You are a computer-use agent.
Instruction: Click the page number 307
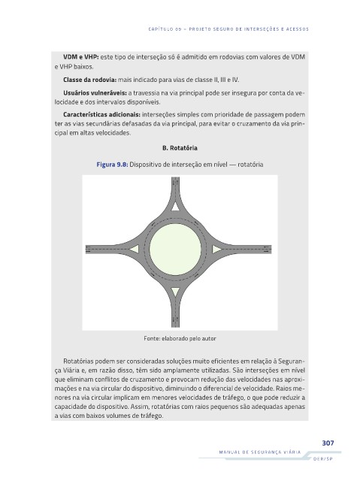coord(328,443)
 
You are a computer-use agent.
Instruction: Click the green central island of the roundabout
coord(175,249)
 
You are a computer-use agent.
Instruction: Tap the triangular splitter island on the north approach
coord(175,206)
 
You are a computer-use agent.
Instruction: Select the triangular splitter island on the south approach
coord(175,292)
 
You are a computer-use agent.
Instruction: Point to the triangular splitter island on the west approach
coord(134,249)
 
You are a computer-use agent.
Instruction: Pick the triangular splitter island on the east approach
coord(216,249)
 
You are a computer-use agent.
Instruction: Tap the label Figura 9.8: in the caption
coord(112,165)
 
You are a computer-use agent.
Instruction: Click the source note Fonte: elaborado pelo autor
coord(180,338)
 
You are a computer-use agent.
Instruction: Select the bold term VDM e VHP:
coord(81,57)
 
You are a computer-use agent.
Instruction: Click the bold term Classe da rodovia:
coord(90,80)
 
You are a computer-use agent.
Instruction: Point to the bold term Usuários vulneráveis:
coord(95,92)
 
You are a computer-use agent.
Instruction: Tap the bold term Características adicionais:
coord(101,114)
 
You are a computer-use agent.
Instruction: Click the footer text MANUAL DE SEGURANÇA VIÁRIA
coord(260,452)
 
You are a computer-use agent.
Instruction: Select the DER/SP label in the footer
coord(322,459)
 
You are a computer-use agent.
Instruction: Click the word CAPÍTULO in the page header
coord(161,29)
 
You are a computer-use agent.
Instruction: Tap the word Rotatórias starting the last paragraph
coord(78,361)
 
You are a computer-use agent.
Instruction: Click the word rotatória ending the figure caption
coord(250,165)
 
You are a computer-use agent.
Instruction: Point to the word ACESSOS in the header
coord(297,29)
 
